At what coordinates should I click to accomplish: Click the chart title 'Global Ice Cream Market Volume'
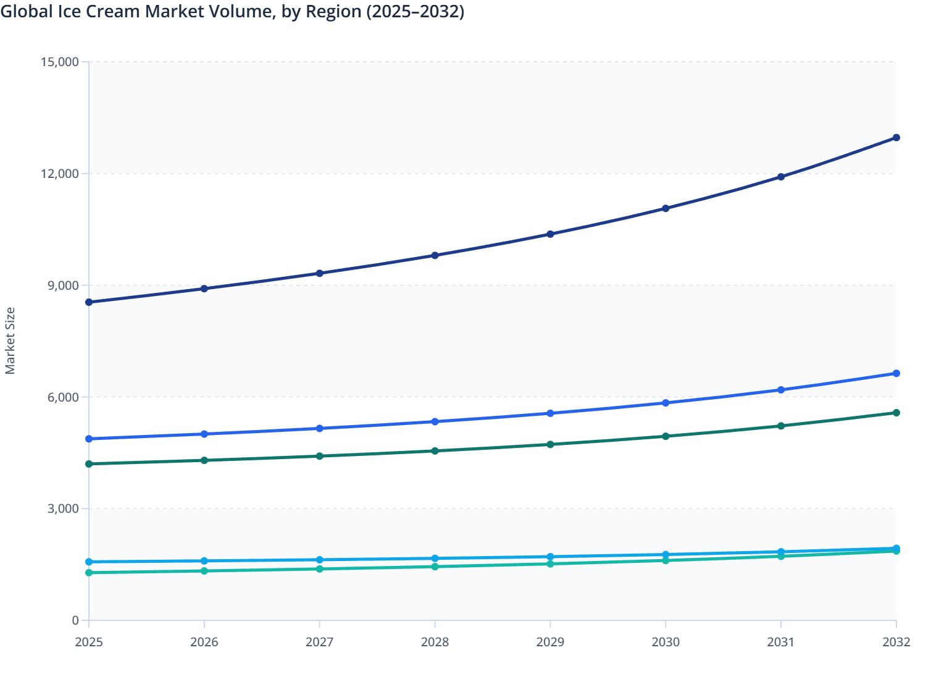pos(232,12)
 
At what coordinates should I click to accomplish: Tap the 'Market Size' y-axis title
pos(10,340)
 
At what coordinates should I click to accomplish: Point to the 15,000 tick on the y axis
pos(59,62)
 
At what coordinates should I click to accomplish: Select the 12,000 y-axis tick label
pos(59,174)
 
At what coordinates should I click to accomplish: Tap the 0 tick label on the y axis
pos(75,620)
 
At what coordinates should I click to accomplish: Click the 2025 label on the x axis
pos(89,642)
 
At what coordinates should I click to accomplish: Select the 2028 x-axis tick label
pos(435,642)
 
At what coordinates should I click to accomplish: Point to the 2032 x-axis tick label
pos(896,642)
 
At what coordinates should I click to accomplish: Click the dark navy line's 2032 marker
pos(896,138)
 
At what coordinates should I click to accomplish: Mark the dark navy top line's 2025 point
pos(89,302)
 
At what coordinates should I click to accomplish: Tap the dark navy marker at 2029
pos(550,234)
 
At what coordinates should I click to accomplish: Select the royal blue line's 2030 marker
pos(666,403)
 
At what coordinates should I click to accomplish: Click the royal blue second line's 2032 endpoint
pos(896,373)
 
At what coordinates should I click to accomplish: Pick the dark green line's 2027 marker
pos(320,456)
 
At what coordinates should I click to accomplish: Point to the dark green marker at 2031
pos(781,426)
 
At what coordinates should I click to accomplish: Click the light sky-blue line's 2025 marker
pos(89,562)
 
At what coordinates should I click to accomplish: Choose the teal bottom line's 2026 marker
pos(204,571)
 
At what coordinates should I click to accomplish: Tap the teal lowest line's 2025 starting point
pos(89,573)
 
